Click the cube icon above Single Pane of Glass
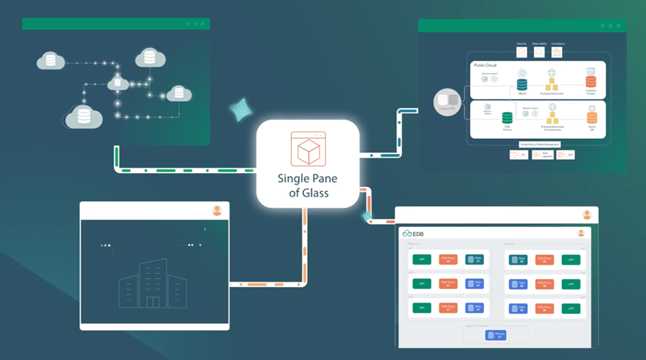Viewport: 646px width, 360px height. [308, 149]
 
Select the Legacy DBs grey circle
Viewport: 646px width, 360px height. [447, 102]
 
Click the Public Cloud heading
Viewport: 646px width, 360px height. [485, 65]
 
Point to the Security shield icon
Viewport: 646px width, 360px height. [522, 52]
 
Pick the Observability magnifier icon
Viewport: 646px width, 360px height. [539, 52]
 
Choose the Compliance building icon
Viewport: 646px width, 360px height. [557, 52]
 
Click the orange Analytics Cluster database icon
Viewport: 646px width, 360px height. [590, 83]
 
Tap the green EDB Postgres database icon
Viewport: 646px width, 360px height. [507, 119]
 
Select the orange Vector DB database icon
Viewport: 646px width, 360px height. [591, 117]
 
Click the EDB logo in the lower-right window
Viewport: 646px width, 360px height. [413, 234]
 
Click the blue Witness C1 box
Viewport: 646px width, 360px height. [495, 335]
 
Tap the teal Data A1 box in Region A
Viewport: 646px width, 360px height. [474, 260]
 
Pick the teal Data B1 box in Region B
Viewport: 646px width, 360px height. [517, 260]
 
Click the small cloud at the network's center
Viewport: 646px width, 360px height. [118, 84]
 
